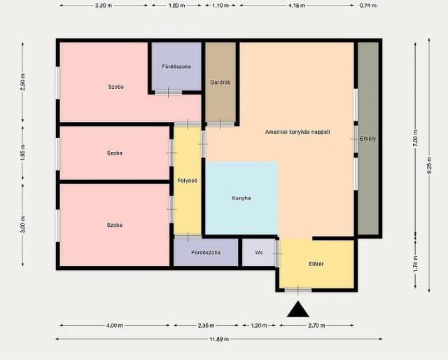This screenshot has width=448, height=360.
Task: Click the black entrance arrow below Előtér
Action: (x=297, y=310)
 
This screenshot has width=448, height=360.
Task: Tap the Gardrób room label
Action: (x=220, y=83)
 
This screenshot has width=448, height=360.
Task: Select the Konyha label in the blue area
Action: (x=241, y=198)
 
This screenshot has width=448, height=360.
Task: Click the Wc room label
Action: (x=259, y=253)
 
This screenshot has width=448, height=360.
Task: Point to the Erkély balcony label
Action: (x=367, y=139)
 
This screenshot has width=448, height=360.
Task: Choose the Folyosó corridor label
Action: (x=187, y=181)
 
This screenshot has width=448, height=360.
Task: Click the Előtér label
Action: (x=316, y=264)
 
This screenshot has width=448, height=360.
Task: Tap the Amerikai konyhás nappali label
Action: (x=297, y=132)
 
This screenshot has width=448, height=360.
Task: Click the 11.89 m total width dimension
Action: (x=219, y=339)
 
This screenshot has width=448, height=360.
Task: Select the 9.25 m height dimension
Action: (x=429, y=165)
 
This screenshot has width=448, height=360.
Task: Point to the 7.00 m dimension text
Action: (x=415, y=138)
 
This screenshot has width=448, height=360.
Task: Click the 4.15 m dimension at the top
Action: (x=297, y=6)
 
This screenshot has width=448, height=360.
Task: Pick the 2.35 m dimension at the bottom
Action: (x=206, y=326)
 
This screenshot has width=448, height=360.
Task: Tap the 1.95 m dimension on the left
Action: (x=23, y=153)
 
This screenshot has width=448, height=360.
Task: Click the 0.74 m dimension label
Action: (x=367, y=6)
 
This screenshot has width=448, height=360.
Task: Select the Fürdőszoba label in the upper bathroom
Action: (x=176, y=67)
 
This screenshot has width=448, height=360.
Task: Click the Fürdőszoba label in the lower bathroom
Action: (x=206, y=252)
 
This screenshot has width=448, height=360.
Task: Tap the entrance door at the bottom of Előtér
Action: (x=298, y=290)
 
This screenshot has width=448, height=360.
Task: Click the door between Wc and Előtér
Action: (x=277, y=254)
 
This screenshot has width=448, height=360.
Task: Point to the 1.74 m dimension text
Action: (x=415, y=264)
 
